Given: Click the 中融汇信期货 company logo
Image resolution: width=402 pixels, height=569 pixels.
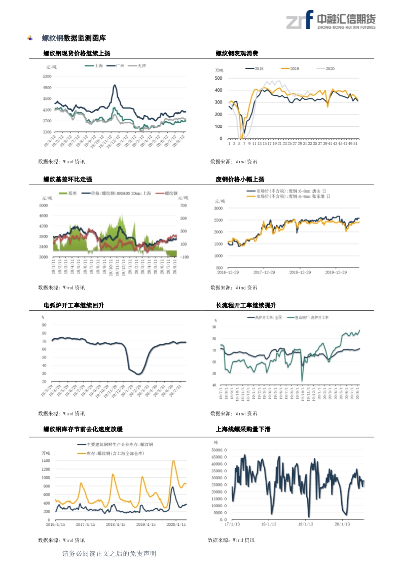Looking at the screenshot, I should [x=331, y=20].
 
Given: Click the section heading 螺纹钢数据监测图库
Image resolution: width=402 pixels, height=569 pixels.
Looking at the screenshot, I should [x=74, y=38].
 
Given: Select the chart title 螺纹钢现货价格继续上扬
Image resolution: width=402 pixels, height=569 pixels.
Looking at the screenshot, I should [x=77, y=53].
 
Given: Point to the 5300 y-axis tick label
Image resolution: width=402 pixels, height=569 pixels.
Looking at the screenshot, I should [x=47, y=77].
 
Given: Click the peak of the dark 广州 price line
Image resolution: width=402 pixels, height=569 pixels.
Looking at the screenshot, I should [x=115, y=85].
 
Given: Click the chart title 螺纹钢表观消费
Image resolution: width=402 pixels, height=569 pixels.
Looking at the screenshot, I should [x=237, y=53].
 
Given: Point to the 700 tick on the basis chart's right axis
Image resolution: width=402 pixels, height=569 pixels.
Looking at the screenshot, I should [x=183, y=205].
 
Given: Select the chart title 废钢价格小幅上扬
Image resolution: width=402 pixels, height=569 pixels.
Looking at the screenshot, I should [x=240, y=179].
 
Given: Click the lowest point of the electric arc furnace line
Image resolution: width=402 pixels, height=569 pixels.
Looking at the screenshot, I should [x=138, y=374].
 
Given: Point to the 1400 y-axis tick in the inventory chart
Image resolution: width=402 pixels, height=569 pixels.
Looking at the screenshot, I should [x=45, y=461].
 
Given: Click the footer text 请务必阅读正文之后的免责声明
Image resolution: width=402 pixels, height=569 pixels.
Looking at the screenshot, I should [x=108, y=553].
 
